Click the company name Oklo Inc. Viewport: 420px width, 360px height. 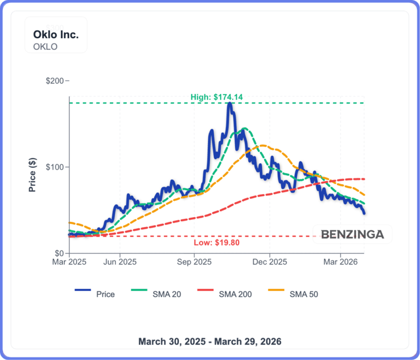[56, 34]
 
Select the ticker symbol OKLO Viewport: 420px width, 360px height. [45, 47]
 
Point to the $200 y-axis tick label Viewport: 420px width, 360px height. [55, 81]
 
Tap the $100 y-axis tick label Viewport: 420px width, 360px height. [55, 167]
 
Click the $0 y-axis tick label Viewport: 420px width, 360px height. [59, 253]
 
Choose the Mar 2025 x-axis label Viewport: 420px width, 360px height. [69, 262]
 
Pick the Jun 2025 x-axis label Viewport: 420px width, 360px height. [119, 262]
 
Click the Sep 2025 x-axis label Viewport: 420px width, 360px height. [194, 262]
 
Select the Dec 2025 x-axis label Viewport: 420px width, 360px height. [270, 262]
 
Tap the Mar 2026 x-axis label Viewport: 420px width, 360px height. [341, 262]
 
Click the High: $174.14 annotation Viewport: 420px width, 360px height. [217, 97]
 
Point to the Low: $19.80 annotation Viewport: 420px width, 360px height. [217, 242]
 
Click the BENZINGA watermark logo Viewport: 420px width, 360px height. [352, 235]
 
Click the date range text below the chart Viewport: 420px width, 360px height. [210, 341]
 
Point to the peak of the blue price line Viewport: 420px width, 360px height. [230, 103]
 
